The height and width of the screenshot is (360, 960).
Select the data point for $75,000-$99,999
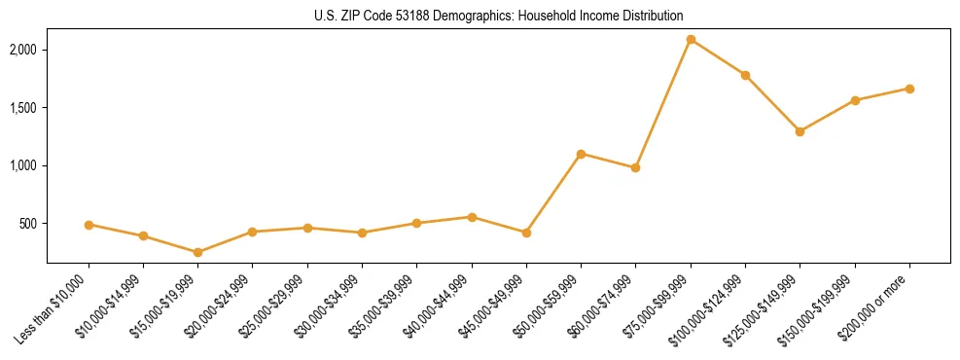pos(691,40)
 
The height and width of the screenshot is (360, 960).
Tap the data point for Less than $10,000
pos(89,225)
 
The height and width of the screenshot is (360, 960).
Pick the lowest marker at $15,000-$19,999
pos(198,252)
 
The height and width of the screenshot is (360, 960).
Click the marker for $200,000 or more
pos(909,89)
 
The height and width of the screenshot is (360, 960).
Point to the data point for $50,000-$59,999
pos(581,154)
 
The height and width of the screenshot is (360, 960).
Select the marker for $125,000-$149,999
pos(800,131)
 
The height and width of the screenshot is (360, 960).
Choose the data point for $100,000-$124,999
pos(745,75)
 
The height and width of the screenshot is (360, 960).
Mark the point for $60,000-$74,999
pos(635,167)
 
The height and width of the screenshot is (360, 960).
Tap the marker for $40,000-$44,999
pos(472,217)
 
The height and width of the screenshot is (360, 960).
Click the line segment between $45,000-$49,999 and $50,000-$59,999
pos(553,194)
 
